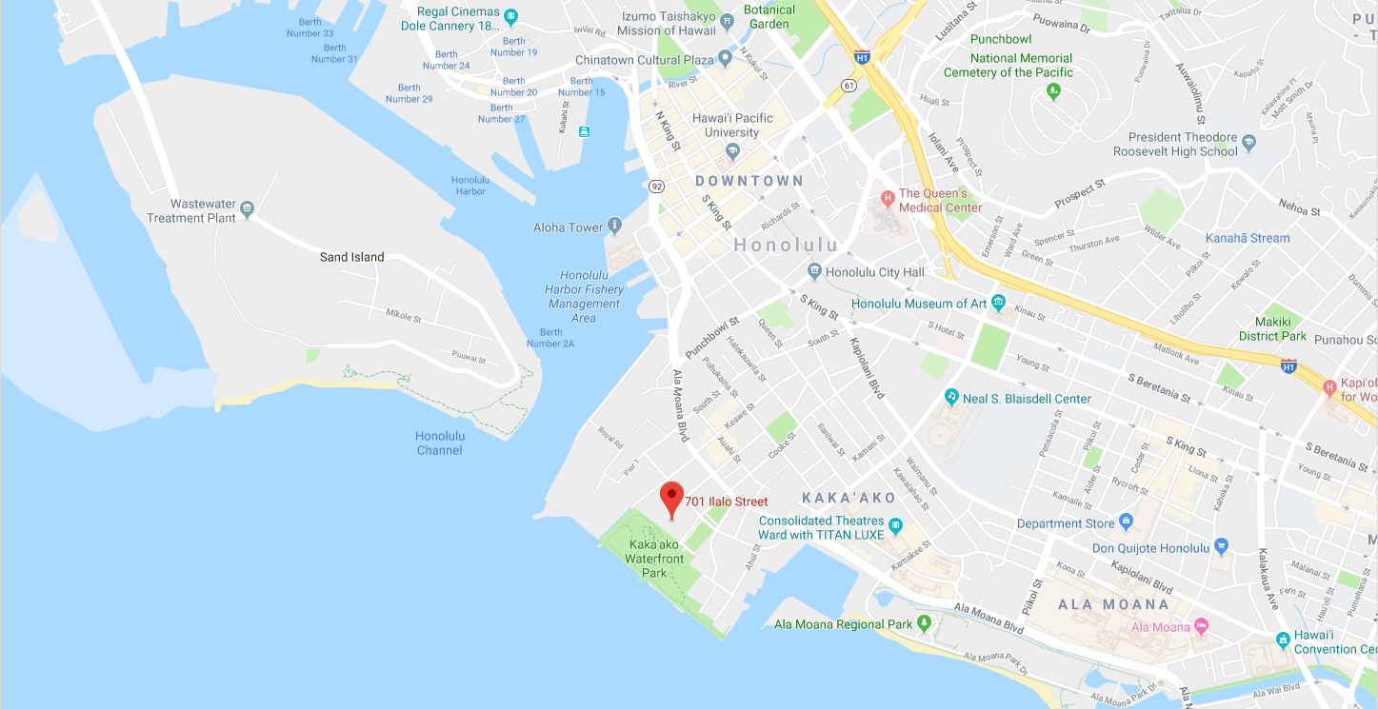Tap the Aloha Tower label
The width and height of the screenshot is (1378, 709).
coord(569,227)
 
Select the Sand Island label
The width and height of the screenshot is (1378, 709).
coord(351,257)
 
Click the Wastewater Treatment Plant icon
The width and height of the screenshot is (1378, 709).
coord(247,208)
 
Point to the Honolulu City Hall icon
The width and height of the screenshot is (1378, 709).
coord(814,272)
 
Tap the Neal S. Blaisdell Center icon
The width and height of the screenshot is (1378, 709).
coord(950,396)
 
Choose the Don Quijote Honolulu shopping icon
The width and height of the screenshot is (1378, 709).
coord(1222,547)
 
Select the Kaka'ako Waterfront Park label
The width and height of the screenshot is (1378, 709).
coord(654,559)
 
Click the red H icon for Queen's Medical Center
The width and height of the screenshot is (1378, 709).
coord(888,198)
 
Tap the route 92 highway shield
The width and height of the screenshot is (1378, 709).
coord(656,186)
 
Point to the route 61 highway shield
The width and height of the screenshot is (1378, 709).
coord(848,86)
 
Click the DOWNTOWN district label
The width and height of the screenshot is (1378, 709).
coord(749,180)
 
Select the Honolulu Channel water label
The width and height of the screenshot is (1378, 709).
coord(439,443)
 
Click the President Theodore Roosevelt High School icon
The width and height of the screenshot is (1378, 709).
coord(1249,143)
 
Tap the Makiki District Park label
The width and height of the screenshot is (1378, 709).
coord(1272,328)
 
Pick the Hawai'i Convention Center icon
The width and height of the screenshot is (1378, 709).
coord(1284,637)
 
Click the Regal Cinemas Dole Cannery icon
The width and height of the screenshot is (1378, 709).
coord(511,15)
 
